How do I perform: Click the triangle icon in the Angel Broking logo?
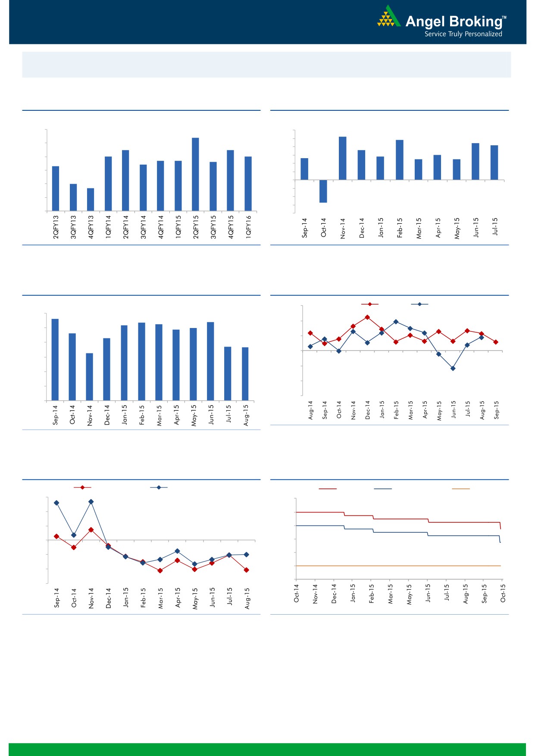point(388,17)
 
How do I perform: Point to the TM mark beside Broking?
point(504,18)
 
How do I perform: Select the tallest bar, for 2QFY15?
point(195,174)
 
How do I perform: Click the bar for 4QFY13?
point(91,200)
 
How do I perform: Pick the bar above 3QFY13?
point(73,197)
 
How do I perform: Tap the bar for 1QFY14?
point(108,184)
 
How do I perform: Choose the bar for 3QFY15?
point(213,186)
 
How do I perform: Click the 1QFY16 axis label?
point(248,227)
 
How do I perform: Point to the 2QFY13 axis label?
point(56,227)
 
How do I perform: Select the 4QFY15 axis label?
point(231,227)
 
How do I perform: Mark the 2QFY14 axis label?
point(126,227)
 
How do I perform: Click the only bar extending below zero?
point(323,191)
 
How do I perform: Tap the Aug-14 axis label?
point(311,410)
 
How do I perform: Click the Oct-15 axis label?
point(503,594)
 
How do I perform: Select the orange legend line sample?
point(460,489)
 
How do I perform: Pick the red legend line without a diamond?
point(328,489)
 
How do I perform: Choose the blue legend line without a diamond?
point(383,489)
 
